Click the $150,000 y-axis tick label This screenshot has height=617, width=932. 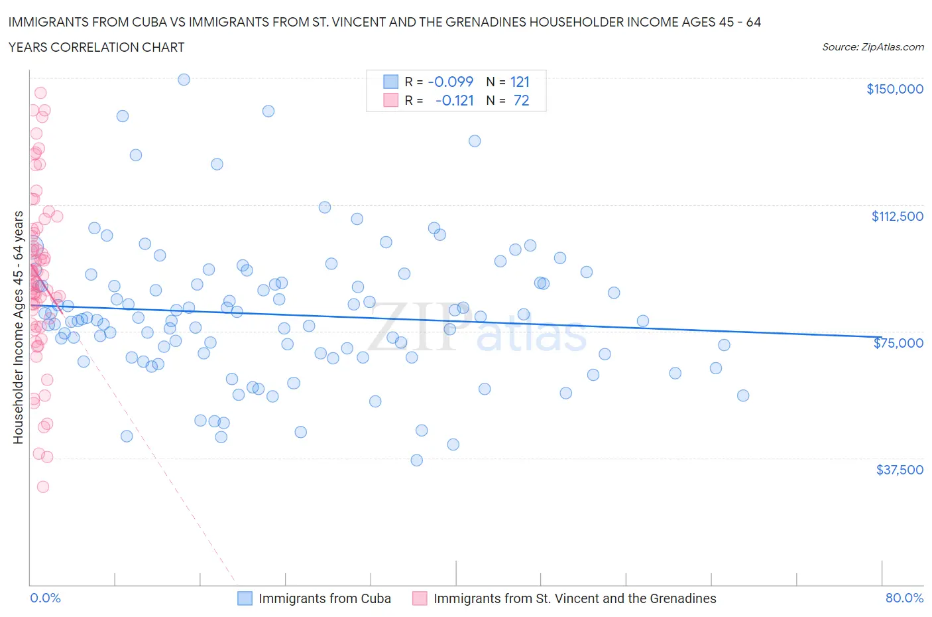coord(894,90)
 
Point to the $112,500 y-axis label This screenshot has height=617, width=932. coord(897,216)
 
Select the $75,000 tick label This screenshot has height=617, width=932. coord(898,343)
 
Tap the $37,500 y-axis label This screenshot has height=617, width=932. coord(899,470)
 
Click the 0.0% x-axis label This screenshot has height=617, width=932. coord(45,598)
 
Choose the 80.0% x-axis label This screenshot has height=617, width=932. coord(904,598)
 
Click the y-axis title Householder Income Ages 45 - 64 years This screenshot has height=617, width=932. coord(19,327)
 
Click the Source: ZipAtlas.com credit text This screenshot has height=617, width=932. coord(872,47)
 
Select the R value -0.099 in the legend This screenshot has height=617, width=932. coord(451,82)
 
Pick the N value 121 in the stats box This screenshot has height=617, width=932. coord(520,82)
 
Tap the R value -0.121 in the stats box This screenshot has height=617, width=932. coord(455,101)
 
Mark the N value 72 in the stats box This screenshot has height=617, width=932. coord(521,101)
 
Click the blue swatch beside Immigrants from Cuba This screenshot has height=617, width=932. coord(245,598)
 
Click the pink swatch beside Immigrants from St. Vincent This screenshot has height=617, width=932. coord(420,598)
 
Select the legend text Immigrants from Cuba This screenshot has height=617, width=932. coord(325,598)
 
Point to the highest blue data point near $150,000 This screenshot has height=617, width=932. coord(184,80)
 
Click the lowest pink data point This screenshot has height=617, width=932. coord(43,487)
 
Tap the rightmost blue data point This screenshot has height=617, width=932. coord(743,395)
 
